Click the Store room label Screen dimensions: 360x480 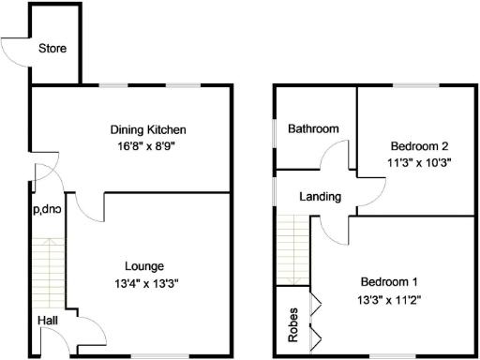52,48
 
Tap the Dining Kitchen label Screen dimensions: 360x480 148,129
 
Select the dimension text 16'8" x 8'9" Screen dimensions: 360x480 148,146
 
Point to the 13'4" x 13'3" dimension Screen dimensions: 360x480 145,282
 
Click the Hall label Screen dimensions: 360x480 48,321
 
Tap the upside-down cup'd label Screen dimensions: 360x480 47,209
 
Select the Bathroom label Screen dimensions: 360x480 312,128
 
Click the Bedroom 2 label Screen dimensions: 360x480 419,145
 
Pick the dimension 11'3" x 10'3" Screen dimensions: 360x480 419,162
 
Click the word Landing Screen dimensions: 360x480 320,197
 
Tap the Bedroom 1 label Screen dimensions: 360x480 387,282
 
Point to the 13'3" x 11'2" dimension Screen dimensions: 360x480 388,299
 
